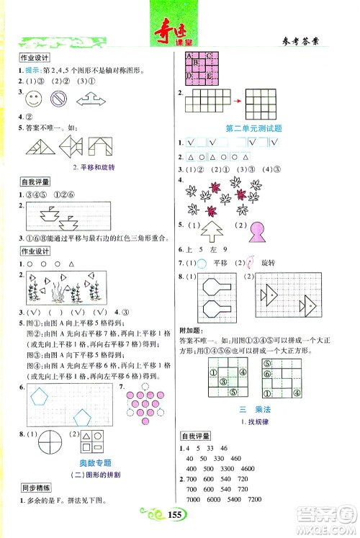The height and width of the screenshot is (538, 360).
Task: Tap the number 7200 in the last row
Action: tap(256, 499)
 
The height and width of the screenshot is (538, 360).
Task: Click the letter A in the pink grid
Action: tap(189, 56)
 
